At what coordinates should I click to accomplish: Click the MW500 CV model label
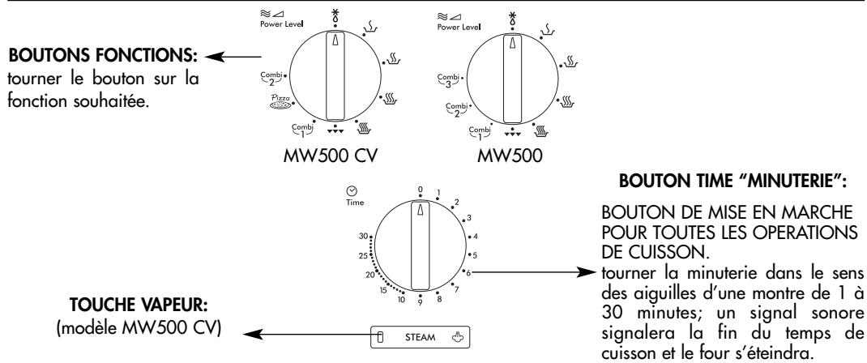click(330, 156)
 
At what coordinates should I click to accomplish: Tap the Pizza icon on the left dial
click(280, 101)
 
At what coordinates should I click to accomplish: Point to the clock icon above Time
click(351, 190)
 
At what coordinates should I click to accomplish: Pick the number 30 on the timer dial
click(363, 237)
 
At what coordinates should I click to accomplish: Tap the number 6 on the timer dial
click(468, 271)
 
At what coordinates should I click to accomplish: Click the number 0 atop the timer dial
click(421, 190)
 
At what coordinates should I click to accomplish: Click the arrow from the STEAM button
click(307, 334)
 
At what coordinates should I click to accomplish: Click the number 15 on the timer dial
click(384, 291)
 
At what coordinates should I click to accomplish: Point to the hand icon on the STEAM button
click(459, 337)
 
